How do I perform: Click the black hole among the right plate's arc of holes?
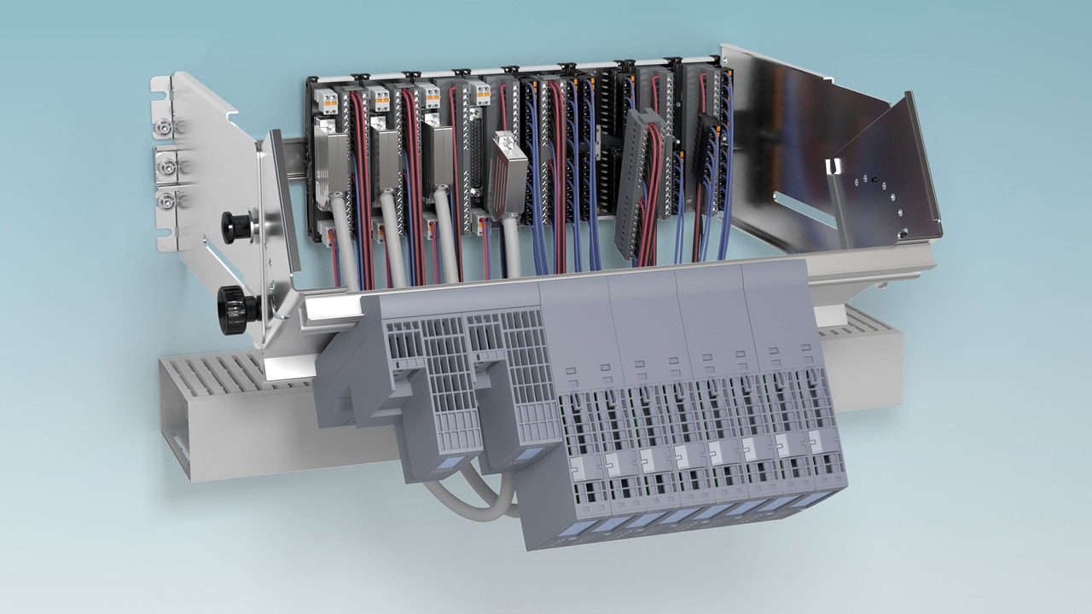pyautogui.click(x=865, y=179)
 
